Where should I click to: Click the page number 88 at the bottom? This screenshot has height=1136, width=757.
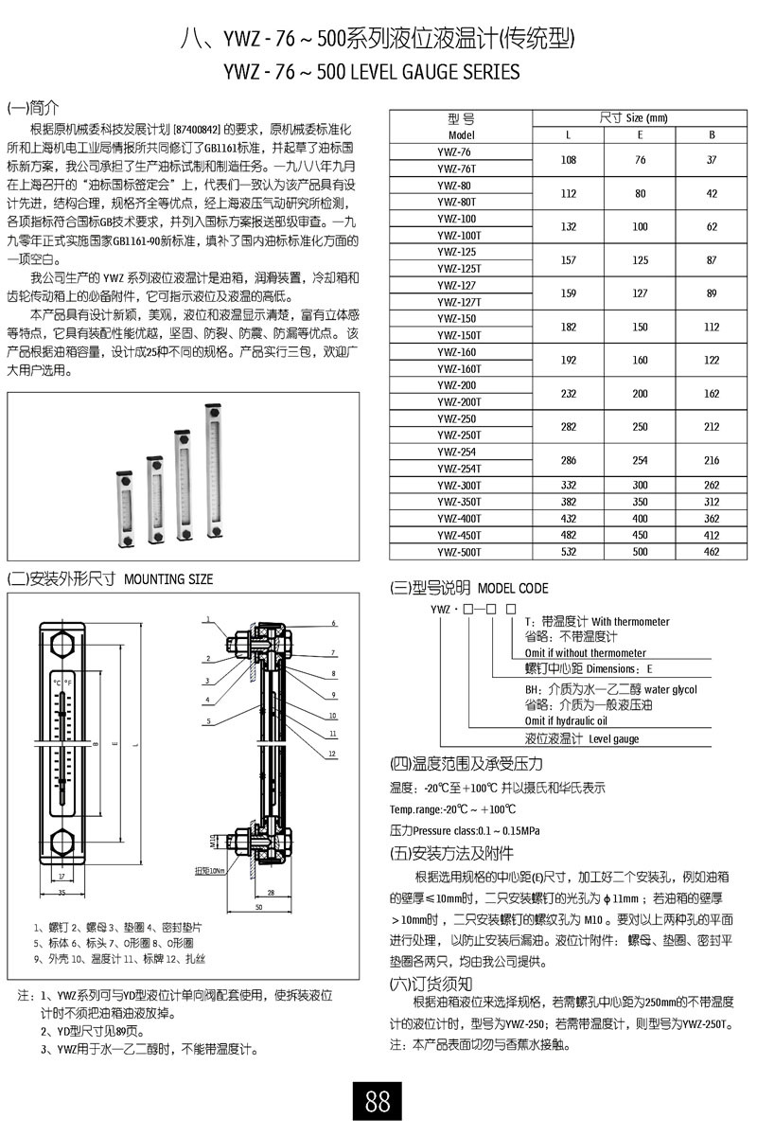click(x=378, y=1101)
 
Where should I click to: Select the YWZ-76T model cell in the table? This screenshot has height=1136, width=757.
click(x=460, y=169)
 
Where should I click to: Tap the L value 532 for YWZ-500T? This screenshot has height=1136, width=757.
click(x=569, y=551)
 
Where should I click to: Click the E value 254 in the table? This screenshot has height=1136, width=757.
click(x=641, y=460)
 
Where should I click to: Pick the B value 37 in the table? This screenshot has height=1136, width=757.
click(x=713, y=160)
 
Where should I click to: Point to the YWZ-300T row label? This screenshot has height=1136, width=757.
click(x=460, y=485)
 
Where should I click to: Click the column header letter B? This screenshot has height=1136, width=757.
click(x=713, y=134)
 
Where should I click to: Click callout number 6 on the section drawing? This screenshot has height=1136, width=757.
click(x=334, y=623)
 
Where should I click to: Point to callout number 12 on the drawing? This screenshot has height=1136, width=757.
click(x=334, y=753)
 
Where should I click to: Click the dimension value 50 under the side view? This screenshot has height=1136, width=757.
click(x=257, y=907)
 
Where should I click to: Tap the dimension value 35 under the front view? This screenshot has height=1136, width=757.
click(x=62, y=892)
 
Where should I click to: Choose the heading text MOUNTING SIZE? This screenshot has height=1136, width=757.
click(x=168, y=578)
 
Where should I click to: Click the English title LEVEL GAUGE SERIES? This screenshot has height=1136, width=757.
click(x=433, y=72)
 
